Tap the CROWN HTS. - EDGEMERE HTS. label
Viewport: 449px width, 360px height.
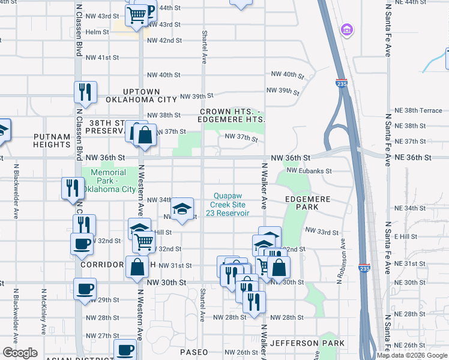(x=232, y=116)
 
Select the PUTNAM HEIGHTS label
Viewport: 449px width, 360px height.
(x=52, y=140)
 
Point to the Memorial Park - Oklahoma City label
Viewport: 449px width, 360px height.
(x=108, y=181)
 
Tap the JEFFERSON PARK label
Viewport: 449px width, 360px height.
(x=307, y=343)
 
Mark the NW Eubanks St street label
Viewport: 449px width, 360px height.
(x=309, y=171)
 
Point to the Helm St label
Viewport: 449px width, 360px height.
(x=97, y=32)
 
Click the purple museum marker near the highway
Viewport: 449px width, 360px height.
(x=346, y=29)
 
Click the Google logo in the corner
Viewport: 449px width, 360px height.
(x=20, y=353)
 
